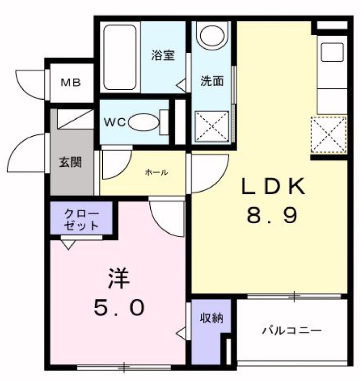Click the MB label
[x=70, y=83]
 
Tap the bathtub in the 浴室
[x=119, y=57]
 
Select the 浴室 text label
[x=163, y=55]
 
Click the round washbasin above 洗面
[x=212, y=35]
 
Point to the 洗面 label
[x=212, y=81]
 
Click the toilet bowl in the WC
[x=144, y=122]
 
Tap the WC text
[x=115, y=123]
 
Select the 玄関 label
[x=70, y=162]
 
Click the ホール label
[x=156, y=172]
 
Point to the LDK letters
[x=273, y=186]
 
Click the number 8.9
[x=272, y=216]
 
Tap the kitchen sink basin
[x=332, y=52]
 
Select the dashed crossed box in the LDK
[x=329, y=135]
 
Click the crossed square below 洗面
[x=212, y=126]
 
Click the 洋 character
[x=119, y=278]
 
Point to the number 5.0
[x=119, y=307]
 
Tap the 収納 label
[x=211, y=318]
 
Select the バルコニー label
[x=292, y=330]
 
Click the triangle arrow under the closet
[x=68, y=244]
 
